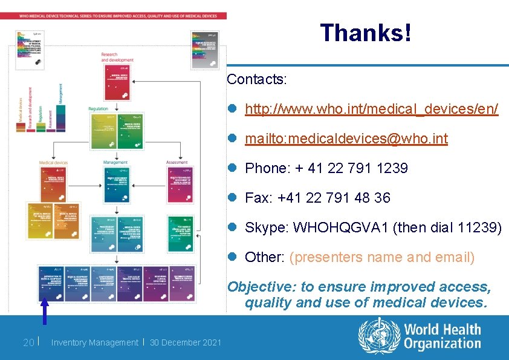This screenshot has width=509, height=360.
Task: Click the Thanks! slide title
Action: (x=366, y=33)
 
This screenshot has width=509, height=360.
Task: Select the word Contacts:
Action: (x=257, y=79)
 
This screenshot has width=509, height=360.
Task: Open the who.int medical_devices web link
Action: (x=371, y=109)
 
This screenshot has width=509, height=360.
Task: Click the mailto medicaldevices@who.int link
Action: (x=346, y=139)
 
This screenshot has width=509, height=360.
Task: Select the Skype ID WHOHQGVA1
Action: (x=341, y=227)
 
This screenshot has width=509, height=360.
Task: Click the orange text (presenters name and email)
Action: (x=382, y=257)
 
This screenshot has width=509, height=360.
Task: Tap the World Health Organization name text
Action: (x=443, y=337)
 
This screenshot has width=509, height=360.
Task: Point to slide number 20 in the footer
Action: (x=28, y=343)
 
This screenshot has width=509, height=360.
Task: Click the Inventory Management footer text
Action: (x=94, y=343)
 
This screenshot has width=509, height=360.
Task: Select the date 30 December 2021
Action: (x=185, y=343)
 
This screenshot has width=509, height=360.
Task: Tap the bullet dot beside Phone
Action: (x=233, y=168)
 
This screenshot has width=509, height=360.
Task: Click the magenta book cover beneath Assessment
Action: (x=180, y=186)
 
